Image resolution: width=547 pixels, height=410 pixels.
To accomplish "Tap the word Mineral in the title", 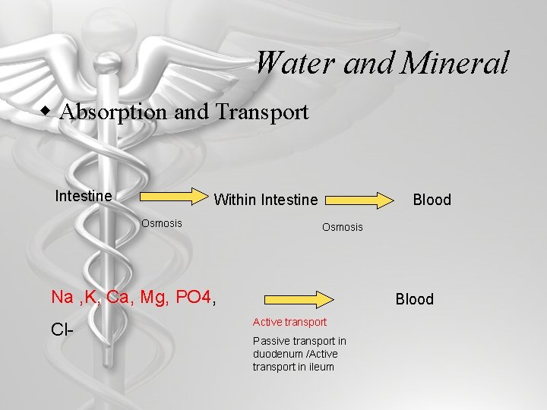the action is tap(454, 62).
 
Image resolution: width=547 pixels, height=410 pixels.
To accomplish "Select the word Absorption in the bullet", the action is tap(115, 112).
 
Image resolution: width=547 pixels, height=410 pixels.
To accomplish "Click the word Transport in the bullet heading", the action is tap(262, 112).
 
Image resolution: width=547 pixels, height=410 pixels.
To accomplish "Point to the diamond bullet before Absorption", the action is tap(48, 111).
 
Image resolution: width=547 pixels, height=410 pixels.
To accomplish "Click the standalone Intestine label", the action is tap(84, 196).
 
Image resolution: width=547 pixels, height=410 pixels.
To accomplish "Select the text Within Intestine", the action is tap(266, 200).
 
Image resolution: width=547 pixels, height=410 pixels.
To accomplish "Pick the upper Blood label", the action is tap(432, 200).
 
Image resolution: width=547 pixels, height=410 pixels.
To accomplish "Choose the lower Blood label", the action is tap(414, 299).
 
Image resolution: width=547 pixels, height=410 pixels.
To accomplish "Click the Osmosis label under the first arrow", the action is tap(161, 223).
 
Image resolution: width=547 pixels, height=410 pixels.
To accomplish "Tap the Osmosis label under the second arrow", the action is tap(343, 227).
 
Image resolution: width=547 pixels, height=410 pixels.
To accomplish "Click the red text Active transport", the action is tap(289, 322).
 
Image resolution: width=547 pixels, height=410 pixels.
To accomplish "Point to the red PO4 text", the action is tap(193, 296).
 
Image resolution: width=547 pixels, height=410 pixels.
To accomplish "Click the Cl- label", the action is tap(63, 330).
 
